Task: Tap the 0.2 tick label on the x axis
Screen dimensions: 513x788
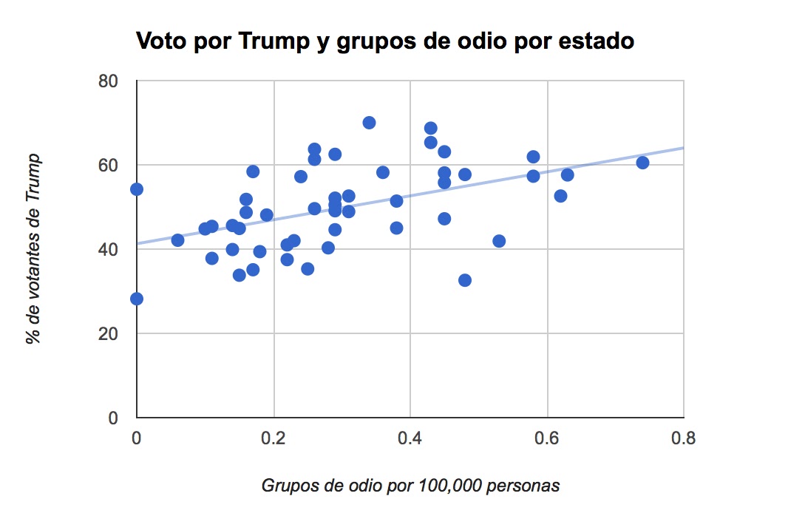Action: tap(274, 438)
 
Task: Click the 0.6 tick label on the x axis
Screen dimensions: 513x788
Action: tap(547, 438)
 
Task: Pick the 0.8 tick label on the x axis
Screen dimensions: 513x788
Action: tap(683, 438)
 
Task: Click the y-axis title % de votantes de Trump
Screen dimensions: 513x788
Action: tap(33, 249)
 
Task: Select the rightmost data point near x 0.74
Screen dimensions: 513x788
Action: tap(642, 163)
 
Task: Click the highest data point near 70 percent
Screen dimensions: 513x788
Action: tap(369, 123)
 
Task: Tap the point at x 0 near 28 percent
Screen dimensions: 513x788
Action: tap(137, 299)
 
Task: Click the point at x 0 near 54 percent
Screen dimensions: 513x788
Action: tap(137, 189)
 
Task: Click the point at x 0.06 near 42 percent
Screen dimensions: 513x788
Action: tap(177, 240)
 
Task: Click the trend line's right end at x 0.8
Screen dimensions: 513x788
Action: tap(682, 148)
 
